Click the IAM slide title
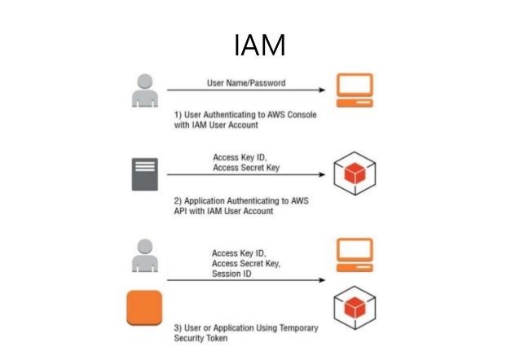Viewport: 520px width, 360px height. (259, 46)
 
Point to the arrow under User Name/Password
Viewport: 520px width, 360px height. (245, 91)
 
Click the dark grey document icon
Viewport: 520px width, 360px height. (143, 173)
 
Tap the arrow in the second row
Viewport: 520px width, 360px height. (245, 174)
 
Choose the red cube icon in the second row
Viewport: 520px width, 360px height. (355, 173)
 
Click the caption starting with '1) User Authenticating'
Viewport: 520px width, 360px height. (245, 121)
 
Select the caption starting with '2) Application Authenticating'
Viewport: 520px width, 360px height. (245, 204)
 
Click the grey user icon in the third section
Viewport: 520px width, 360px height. (143, 256)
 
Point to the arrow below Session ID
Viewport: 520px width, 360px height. (245, 282)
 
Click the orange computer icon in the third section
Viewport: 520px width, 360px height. (355, 255)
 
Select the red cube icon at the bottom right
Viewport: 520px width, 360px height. (355, 309)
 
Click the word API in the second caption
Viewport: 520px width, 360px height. (183, 210)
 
